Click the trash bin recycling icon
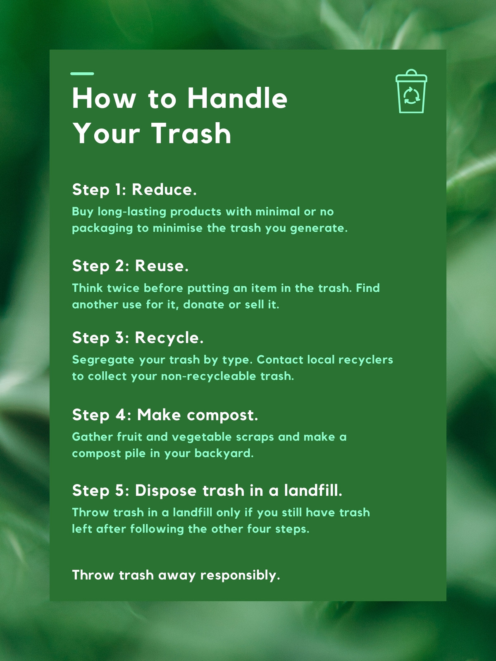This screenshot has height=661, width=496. click(411, 91)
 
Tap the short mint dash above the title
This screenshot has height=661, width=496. click(82, 74)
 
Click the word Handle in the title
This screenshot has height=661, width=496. click(237, 98)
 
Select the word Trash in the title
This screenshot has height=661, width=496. click(191, 133)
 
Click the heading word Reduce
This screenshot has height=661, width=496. click(164, 189)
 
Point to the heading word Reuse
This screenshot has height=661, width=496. click(162, 266)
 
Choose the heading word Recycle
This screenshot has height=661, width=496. click(169, 338)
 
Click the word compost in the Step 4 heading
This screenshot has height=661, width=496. click(222, 415)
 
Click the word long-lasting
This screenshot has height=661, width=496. click(132, 212)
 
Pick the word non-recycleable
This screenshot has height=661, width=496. click(208, 376)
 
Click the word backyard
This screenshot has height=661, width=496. click(224, 453)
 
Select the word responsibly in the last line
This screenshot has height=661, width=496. click(240, 575)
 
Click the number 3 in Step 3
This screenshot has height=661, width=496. click(119, 338)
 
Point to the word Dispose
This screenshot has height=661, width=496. click(166, 491)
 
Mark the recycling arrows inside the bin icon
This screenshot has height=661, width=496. click(411, 95)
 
